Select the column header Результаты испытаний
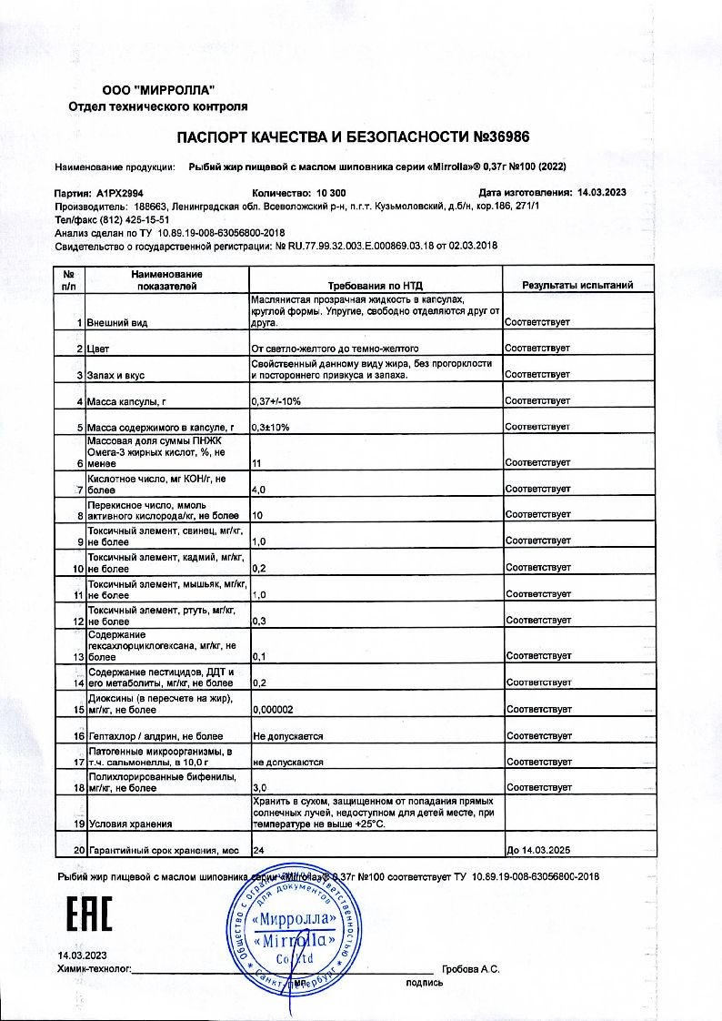tap(577, 286)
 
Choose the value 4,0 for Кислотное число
tap(258, 490)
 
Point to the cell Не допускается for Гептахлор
tap(288, 735)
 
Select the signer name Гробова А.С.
tap(470, 969)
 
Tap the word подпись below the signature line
tap(425, 983)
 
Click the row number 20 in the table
tap(78, 852)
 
